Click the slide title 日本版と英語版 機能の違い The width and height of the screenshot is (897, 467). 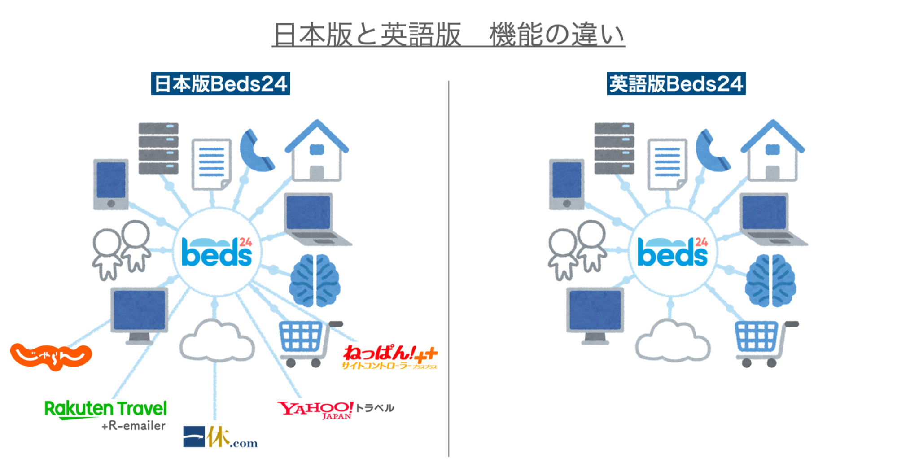(448, 35)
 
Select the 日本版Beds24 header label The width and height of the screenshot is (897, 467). (220, 83)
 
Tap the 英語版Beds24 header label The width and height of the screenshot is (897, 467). (676, 83)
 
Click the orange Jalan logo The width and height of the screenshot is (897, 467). (51, 356)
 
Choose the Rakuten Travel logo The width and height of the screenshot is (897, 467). (106, 409)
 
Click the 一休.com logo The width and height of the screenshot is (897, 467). (220, 437)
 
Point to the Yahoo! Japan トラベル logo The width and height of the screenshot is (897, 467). (335, 409)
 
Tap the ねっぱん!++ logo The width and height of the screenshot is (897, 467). (389, 356)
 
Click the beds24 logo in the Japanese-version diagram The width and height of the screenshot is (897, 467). (217, 253)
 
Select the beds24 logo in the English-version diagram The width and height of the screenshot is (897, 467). (673, 253)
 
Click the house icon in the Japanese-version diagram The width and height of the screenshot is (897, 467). (317, 151)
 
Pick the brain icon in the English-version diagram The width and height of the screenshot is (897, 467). (770, 280)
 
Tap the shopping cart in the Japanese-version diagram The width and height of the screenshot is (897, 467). (305, 342)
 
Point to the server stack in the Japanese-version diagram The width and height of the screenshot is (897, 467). (158, 148)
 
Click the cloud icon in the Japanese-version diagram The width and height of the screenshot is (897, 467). (217, 341)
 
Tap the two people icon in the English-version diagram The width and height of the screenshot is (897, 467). (577, 249)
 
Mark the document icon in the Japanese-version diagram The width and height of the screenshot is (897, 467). (211, 164)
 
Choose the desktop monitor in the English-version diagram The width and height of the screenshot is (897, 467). (595, 314)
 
